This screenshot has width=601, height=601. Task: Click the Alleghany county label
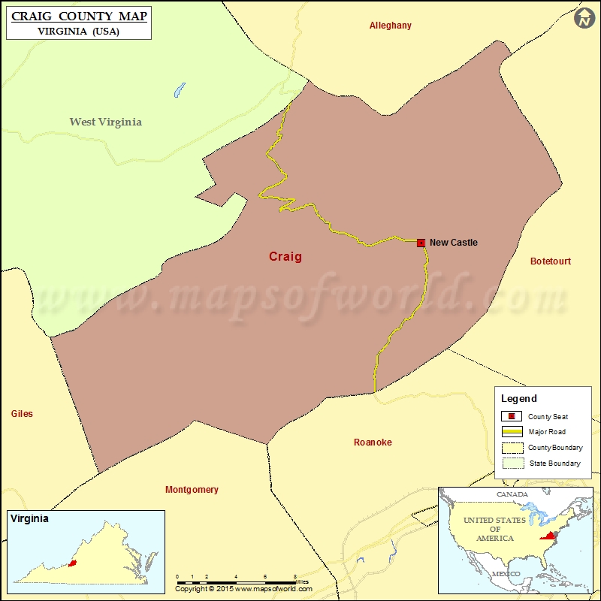[390, 26]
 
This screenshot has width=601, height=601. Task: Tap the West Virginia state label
[105, 122]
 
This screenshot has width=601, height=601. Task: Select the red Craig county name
[285, 257]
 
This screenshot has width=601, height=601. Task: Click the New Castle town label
[453, 243]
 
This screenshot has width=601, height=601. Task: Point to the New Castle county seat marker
[421, 243]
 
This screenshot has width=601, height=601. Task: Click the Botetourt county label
[550, 261]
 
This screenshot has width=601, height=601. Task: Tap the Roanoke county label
[373, 442]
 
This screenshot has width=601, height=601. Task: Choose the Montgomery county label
[192, 490]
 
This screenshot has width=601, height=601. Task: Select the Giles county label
[22, 414]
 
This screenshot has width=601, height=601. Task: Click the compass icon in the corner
[584, 19]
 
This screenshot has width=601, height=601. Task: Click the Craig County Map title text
[79, 16]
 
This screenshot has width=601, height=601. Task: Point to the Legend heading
[519, 399]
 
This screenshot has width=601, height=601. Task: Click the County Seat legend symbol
[512, 417]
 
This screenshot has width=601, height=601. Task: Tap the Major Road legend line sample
[512, 432]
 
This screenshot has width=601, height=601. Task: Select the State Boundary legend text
[554, 464]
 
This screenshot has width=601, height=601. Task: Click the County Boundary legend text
[555, 448]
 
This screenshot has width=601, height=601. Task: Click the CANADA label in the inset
[511, 494]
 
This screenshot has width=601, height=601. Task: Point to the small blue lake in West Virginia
[179, 90]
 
